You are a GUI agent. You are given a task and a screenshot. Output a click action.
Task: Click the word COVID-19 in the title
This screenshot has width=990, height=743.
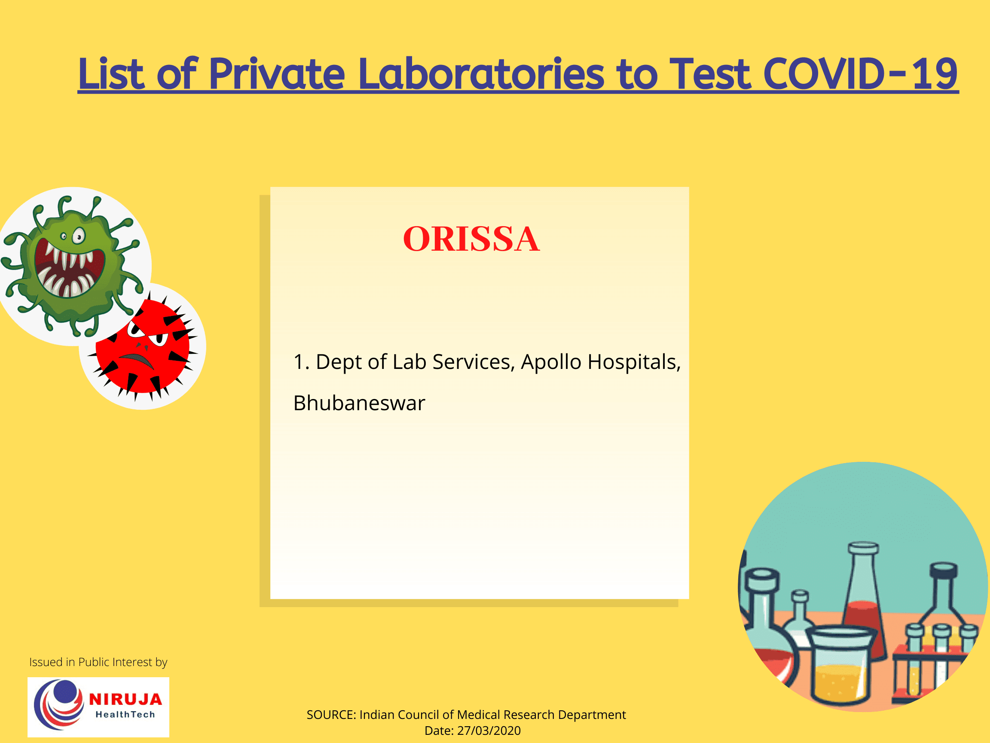pyautogui.click(x=860, y=74)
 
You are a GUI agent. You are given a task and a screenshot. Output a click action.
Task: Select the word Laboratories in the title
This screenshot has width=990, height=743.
pyautogui.click(x=482, y=74)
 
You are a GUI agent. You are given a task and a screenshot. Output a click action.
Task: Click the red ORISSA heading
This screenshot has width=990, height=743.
pyautogui.click(x=471, y=239)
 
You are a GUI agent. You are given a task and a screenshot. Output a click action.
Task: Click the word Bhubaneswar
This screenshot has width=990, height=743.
pyautogui.click(x=359, y=403)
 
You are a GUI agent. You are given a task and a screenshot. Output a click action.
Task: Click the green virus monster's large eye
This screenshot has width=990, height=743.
pyautogui.click(x=79, y=236)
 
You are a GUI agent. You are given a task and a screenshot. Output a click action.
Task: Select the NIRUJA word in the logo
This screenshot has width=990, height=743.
pyautogui.click(x=125, y=700)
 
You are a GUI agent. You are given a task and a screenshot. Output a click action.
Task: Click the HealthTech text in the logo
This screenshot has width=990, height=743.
pyautogui.click(x=125, y=715)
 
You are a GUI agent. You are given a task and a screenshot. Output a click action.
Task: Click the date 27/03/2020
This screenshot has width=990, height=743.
pyautogui.click(x=489, y=731)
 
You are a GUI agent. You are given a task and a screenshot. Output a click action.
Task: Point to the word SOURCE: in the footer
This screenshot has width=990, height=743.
pyautogui.click(x=331, y=715)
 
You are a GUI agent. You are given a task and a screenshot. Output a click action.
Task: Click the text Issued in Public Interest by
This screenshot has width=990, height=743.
pyautogui.click(x=98, y=662)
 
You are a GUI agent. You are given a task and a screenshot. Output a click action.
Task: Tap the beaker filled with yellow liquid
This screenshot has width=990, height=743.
pyautogui.click(x=840, y=667)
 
